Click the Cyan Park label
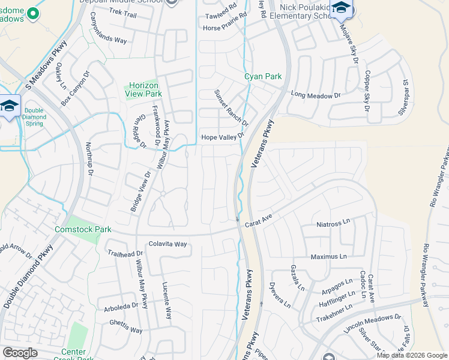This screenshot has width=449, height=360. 263,77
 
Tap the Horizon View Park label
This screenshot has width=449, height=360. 143,90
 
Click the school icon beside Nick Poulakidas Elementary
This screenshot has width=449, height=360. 342,8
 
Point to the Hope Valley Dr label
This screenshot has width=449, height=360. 223,137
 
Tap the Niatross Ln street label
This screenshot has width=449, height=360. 333,223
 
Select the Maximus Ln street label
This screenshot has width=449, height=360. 328,257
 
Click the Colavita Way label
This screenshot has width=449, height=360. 168,244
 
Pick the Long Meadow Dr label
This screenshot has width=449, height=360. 315,95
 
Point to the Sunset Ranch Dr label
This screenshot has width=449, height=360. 231,108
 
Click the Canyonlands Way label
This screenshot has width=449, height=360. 108,40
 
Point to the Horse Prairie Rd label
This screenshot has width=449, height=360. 225,28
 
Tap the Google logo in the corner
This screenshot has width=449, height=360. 20,353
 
